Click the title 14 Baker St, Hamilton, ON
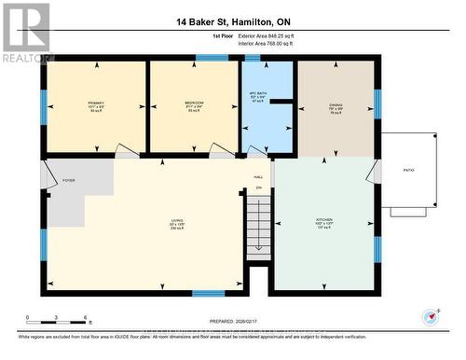click(233, 21)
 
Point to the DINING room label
click(336, 104)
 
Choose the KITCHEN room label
click(323, 222)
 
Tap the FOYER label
click(68, 179)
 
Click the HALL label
click(258, 176)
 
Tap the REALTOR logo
click(25, 33)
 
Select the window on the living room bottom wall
click(208, 294)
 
